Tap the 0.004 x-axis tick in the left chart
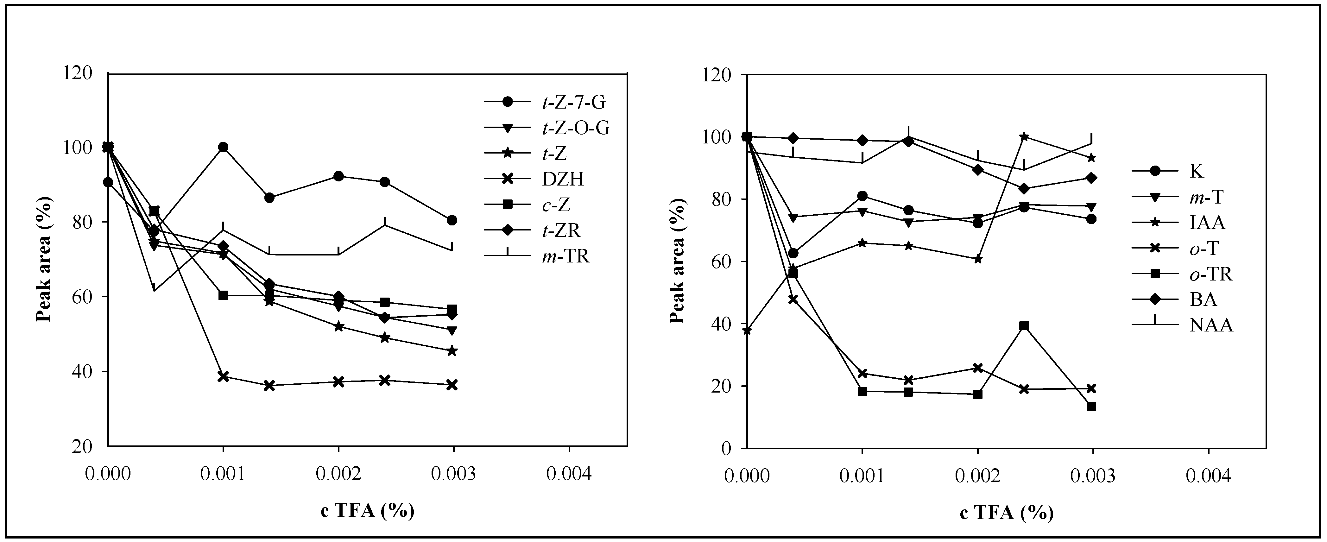coord(569,474)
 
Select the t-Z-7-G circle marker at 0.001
coord(223,147)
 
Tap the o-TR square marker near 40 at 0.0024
coord(1024,326)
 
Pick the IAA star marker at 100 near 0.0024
coord(1024,136)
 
